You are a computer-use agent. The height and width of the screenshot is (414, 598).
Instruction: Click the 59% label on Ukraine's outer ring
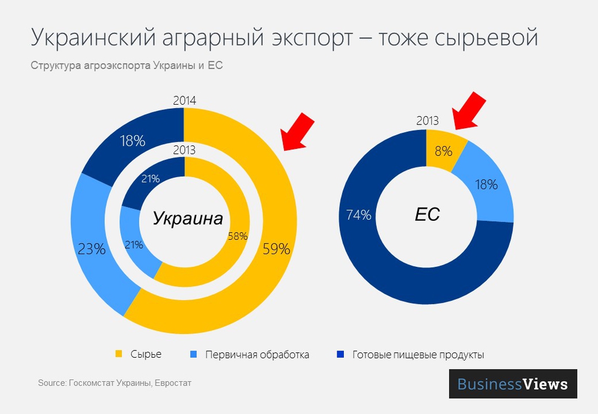[x=276, y=249]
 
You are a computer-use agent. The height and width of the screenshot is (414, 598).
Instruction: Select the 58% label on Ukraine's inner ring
[x=237, y=236]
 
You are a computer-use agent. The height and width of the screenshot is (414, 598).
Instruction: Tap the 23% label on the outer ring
[x=91, y=249]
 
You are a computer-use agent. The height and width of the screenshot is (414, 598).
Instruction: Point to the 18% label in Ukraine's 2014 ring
[x=132, y=141]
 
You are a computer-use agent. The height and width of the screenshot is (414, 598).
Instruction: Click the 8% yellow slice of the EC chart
[x=443, y=151]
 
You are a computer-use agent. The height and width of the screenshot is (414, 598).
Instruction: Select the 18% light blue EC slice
[x=485, y=184]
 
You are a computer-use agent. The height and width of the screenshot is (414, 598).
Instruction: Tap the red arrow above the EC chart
[x=469, y=110]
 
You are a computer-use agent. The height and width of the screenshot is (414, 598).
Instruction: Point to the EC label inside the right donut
[x=427, y=214]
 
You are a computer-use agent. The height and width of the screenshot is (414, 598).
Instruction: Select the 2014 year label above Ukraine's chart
[x=184, y=101]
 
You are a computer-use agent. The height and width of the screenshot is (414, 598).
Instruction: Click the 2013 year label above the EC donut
[x=428, y=121]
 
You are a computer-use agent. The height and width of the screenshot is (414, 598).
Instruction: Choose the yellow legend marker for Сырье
[x=118, y=354]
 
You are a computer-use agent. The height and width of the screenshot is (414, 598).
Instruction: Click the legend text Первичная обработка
[x=257, y=355]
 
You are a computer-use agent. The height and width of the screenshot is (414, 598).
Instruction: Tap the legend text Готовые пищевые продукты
[x=418, y=355]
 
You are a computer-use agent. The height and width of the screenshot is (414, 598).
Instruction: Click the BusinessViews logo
[x=512, y=383]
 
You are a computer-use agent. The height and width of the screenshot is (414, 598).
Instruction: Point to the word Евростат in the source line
[x=173, y=382]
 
